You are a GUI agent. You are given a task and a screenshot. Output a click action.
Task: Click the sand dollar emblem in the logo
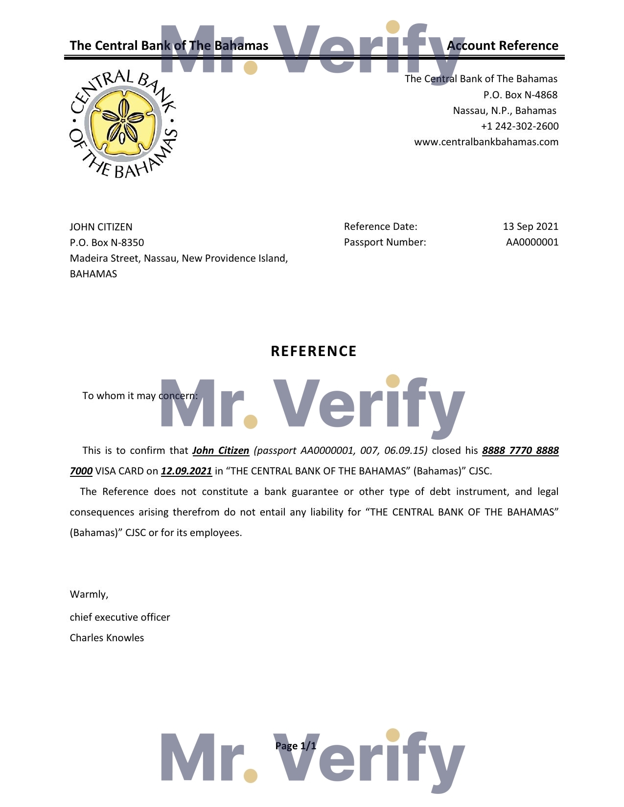(x=123, y=121)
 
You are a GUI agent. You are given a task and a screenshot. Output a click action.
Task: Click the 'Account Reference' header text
(x=503, y=45)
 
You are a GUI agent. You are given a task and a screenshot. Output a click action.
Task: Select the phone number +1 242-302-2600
(x=519, y=126)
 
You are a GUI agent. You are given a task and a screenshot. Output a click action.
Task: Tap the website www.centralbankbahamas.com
(x=486, y=142)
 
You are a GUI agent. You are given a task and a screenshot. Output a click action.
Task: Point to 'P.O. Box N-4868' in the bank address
(x=520, y=95)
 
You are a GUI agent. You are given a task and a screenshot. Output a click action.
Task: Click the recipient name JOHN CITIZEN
(x=101, y=227)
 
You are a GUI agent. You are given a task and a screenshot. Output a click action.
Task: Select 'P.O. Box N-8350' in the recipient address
(x=107, y=243)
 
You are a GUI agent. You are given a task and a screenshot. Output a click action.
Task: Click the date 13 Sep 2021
(x=531, y=226)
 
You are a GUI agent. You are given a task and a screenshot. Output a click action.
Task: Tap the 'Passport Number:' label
(x=385, y=242)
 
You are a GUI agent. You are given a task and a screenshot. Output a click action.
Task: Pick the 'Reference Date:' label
(x=380, y=226)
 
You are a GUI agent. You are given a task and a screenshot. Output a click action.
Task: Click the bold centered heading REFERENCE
(x=314, y=351)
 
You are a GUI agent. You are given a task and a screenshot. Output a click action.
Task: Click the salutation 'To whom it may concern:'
(x=140, y=396)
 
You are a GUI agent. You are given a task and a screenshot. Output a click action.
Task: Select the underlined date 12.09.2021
(x=186, y=471)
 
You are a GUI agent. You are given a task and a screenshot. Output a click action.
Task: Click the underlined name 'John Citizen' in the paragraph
(x=221, y=450)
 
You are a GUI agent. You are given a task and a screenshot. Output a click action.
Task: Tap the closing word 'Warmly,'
(x=89, y=594)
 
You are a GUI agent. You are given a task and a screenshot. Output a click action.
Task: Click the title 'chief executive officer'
(x=120, y=617)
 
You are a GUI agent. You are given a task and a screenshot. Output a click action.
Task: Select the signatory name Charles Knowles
(x=107, y=638)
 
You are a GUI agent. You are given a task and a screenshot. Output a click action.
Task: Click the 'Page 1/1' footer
(x=296, y=746)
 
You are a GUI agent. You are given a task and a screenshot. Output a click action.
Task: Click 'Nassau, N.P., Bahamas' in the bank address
(x=505, y=111)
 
